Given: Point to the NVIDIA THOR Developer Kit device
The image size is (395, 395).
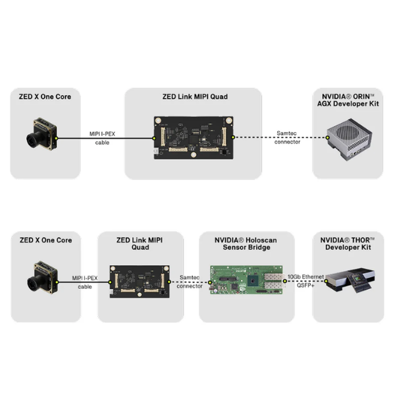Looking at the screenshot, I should click(347, 281).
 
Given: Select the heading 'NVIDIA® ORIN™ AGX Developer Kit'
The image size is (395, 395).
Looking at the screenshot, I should click(346, 101).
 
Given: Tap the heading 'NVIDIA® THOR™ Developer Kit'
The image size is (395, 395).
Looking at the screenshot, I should click(347, 245).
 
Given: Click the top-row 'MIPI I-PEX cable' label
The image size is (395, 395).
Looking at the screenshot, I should click(103, 138).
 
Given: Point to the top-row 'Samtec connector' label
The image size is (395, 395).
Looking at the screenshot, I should click(287, 138).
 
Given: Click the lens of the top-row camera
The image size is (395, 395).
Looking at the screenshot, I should click(33, 140).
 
